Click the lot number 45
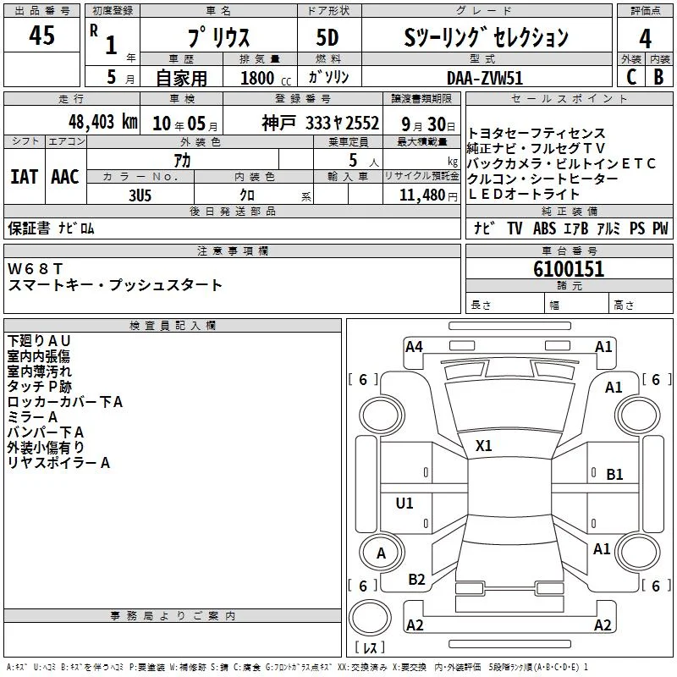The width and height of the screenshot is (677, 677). pos(41,35)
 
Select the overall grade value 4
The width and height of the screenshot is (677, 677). pos(645,38)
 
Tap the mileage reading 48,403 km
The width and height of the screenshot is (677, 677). pos(103,122)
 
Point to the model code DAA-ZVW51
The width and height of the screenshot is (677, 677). pos(485,78)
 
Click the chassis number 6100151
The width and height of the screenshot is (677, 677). pos(569,269)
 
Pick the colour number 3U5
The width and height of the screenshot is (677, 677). pos(140,195)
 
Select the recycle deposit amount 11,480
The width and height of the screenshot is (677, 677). pos(422,195)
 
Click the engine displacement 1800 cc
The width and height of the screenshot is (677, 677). pos(266,78)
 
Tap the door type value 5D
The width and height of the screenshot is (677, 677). pos(327,37)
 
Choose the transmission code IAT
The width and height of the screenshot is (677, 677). pos(24,177)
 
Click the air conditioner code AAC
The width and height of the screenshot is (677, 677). pos(65,177)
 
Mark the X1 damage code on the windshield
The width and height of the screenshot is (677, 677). pos(483,446)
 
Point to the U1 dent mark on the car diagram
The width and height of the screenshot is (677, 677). pos(405,503)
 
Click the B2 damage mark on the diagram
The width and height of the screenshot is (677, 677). pos(416,580)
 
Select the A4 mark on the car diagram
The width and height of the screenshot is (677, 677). pos(414,347)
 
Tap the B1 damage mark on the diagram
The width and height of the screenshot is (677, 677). pos(614,475)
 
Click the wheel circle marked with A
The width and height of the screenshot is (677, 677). pos(382,553)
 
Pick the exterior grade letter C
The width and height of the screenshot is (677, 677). pos(631,77)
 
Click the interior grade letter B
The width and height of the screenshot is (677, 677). pos(658,77)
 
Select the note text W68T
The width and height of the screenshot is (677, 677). pos(35,269)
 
